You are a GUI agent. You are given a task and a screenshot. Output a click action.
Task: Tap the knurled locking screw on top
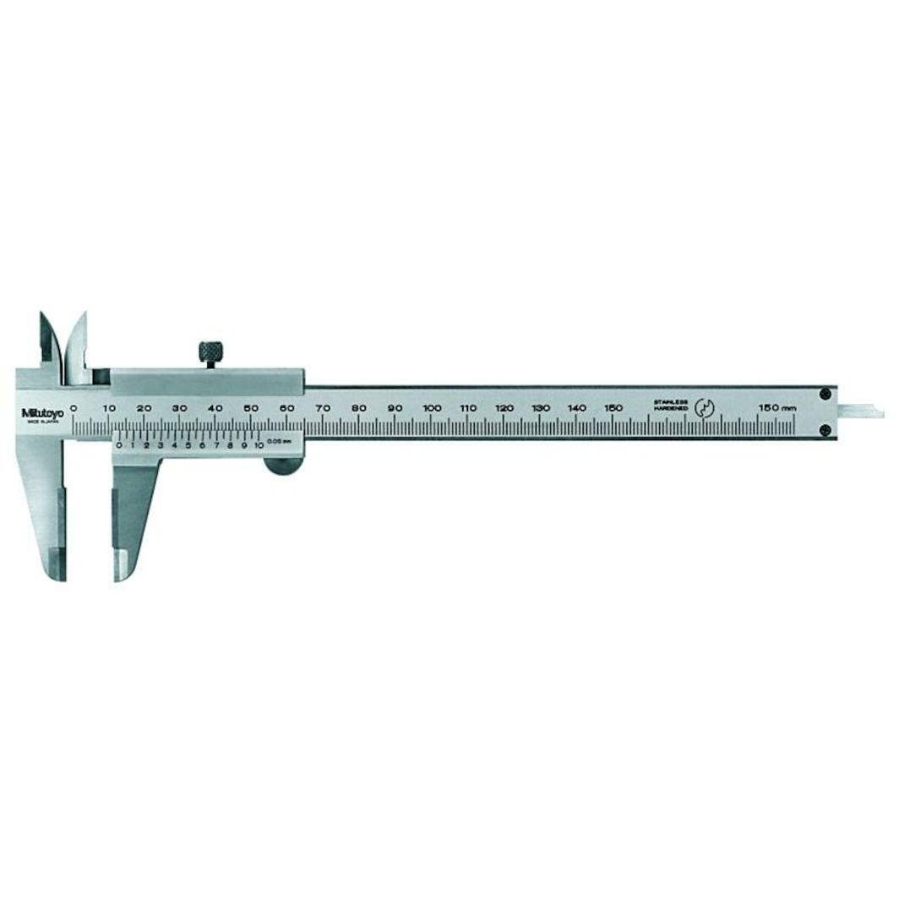point(210,351)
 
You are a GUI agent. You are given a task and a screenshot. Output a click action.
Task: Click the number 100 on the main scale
point(432,408)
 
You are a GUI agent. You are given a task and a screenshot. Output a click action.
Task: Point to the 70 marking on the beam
point(324,408)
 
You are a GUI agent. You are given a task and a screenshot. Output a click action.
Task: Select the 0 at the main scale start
point(74,408)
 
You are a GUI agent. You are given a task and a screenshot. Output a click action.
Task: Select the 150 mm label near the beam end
point(776,408)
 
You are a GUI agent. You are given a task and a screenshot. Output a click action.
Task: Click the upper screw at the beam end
point(825,394)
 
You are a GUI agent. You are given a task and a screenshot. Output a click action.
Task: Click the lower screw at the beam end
point(825,430)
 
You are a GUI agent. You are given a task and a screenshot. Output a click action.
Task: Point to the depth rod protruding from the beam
point(861,412)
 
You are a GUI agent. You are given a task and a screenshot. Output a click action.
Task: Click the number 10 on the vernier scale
point(258,444)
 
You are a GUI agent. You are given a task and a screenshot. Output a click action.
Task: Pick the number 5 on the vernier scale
point(188,444)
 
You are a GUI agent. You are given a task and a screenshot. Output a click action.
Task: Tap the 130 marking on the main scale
point(541,408)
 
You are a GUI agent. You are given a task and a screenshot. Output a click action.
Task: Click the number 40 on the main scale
point(215,408)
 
